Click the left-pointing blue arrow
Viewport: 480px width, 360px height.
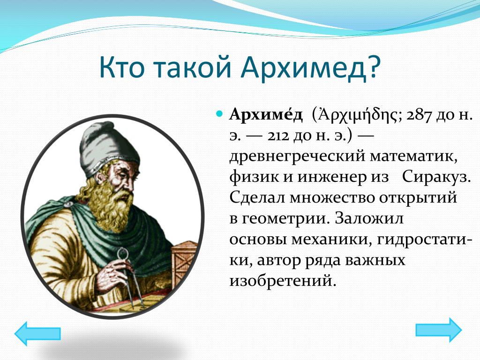[37, 333]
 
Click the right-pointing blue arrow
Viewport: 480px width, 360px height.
[438, 330]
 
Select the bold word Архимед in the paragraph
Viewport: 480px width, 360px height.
[266, 115]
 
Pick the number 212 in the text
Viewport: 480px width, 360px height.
[278, 136]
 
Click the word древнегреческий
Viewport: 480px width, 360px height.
[297, 157]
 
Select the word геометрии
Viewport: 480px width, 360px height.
[285, 219]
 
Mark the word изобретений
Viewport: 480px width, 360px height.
[280, 281]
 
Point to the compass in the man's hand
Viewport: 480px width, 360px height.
[128, 278]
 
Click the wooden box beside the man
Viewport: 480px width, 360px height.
[184, 263]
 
